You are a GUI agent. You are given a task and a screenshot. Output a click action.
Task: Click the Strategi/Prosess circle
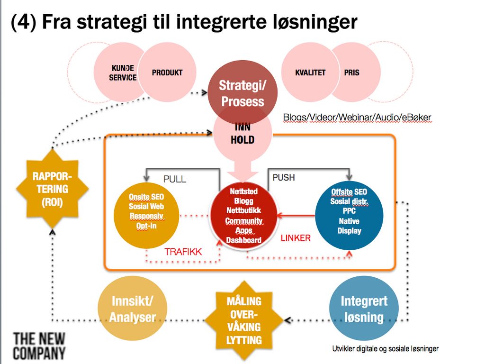(x=242, y=94)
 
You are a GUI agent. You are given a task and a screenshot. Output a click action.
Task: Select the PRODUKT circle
(x=167, y=73)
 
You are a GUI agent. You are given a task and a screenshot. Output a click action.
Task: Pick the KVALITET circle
(x=310, y=73)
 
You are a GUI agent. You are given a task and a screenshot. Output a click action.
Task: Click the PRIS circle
(x=353, y=73)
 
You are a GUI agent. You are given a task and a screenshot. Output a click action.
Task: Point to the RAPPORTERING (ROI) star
(x=52, y=189)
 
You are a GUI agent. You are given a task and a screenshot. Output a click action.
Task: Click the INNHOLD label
(x=242, y=134)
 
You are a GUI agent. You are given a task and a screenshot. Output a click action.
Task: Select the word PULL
(x=175, y=179)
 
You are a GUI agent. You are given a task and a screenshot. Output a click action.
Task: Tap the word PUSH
(x=284, y=177)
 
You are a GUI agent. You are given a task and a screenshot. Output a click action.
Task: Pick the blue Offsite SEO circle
(x=349, y=211)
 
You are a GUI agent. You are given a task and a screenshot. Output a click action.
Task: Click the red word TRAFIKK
(x=183, y=252)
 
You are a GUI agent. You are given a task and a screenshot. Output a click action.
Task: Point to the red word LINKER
(x=296, y=238)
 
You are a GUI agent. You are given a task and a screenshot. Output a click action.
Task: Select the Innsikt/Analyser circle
(x=133, y=309)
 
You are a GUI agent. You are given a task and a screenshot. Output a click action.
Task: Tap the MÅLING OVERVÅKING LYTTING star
(x=243, y=320)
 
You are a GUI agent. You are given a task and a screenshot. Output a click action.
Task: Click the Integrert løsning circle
(x=364, y=309)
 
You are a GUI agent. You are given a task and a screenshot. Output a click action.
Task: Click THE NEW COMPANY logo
(x=39, y=346)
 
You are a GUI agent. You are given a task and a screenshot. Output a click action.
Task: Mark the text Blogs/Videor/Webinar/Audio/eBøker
(x=357, y=117)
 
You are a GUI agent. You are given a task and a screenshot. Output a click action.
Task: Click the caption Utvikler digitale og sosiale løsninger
(x=385, y=349)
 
